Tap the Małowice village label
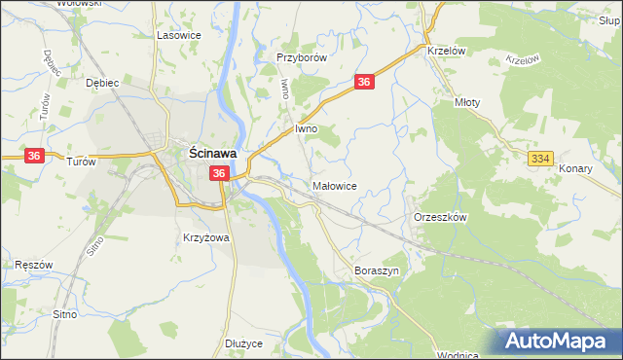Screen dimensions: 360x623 337,185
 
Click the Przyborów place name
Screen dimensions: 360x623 300,57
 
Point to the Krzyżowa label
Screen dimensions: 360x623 205,237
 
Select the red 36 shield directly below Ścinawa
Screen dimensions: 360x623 219,173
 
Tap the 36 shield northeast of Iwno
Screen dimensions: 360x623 364,84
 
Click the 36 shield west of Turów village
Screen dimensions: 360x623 33,155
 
